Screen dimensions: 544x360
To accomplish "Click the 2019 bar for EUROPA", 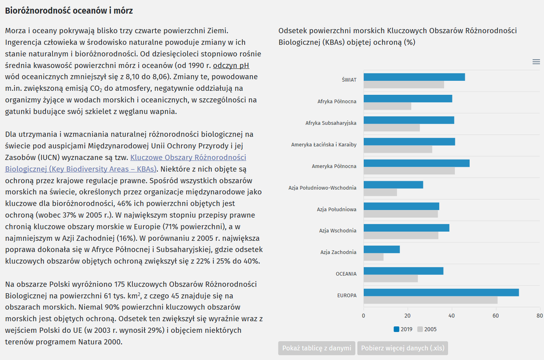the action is (441, 292).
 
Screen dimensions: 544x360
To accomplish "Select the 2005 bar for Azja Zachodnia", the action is (374, 257).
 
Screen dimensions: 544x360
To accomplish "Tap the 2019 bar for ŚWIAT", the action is (414, 77).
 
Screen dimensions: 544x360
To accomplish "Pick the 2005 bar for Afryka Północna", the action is (387, 106).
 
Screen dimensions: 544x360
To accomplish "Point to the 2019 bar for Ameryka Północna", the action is (417, 163).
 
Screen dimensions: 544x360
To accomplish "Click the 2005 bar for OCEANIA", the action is (390, 278).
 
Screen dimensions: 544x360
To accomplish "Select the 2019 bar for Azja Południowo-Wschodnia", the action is (393, 185).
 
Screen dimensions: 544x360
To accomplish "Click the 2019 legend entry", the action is (403, 329).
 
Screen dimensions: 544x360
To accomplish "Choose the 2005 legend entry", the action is (427, 329).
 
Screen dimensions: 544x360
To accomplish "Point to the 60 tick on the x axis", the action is (495, 316).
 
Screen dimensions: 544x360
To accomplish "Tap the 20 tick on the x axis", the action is (408, 316).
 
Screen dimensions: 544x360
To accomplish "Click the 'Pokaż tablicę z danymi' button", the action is (317, 348).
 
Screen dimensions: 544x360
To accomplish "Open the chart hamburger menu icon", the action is (536, 62).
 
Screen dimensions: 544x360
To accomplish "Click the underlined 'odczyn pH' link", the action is (231, 66).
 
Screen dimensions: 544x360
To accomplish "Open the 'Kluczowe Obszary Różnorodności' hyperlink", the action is (188, 157).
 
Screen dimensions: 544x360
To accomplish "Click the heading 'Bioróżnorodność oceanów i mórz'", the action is (69, 11).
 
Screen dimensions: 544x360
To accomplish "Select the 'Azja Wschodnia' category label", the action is (338, 230).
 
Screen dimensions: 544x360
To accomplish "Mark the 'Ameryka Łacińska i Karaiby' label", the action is (324, 145).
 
